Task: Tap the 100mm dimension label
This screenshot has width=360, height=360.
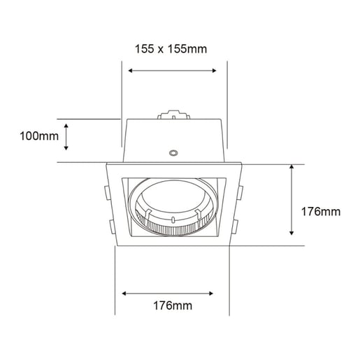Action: [39, 136]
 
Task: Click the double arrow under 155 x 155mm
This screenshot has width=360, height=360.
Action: [173, 70]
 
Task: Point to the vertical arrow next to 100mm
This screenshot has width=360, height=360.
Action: [67, 136]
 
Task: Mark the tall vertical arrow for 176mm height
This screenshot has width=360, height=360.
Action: [291, 201]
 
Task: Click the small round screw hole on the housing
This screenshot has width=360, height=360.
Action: [173, 152]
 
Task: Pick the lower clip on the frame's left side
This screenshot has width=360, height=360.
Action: [110, 226]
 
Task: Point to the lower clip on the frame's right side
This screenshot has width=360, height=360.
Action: [235, 226]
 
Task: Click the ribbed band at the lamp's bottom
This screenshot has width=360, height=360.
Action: [171, 226]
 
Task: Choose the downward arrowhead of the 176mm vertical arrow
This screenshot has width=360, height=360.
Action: [291, 233]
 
